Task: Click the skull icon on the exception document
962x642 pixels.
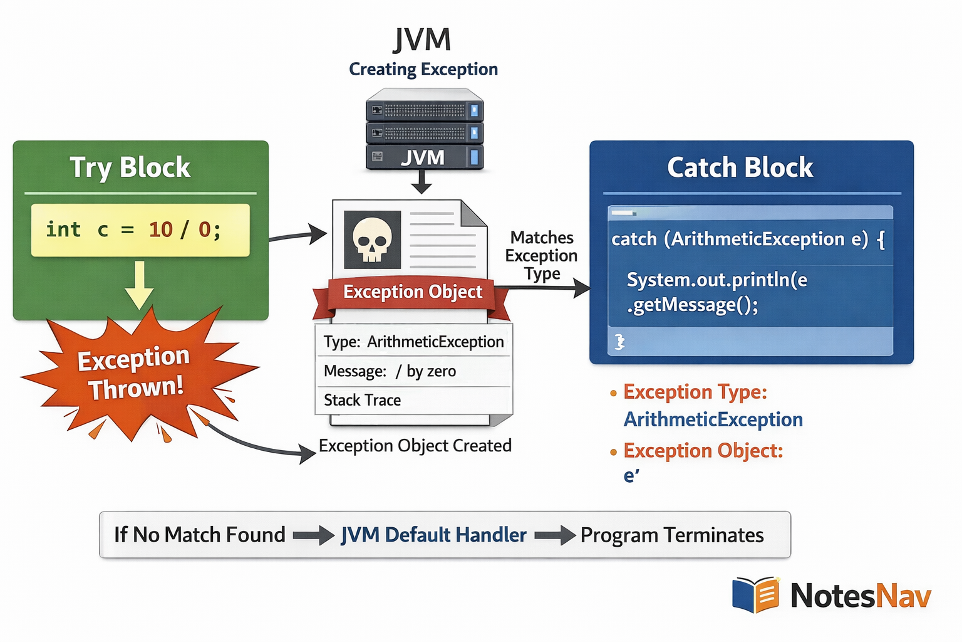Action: [372, 240]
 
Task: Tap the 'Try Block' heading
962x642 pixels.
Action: [130, 167]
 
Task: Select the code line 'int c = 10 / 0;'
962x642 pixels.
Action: [133, 229]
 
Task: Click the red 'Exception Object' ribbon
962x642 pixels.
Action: [412, 292]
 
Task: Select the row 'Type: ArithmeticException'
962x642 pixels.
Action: [413, 342]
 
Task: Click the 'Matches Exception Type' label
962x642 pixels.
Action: [541, 255]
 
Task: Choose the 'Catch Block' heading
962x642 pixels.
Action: [740, 167]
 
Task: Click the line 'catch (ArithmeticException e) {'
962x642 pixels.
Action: [748, 239]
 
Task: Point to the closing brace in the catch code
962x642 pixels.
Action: [620, 342]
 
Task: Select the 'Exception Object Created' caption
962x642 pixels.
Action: [415, 446]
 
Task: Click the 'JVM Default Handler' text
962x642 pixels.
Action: [433, 535]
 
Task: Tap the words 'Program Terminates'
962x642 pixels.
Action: [671, 535]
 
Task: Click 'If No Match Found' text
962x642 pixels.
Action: [199, 535]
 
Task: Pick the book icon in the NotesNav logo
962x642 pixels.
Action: [756, 594]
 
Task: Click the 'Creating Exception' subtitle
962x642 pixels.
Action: [423, 69]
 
